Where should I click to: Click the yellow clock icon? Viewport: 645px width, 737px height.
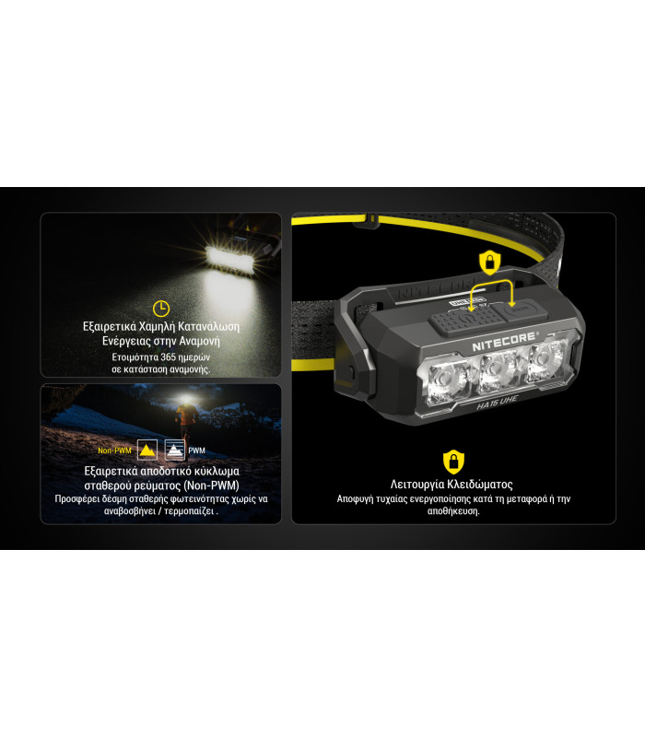tap(160, 309)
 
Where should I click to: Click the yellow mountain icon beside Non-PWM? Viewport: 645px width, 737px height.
tap(146, 450)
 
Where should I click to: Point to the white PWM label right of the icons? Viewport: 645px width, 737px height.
tap(197, 450)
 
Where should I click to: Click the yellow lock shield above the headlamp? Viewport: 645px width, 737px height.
tap(488, 263)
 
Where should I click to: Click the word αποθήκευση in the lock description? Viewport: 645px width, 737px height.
tap(451, 511)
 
